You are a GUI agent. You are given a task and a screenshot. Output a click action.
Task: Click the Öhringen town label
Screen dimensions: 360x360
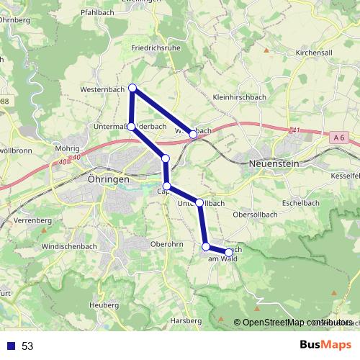point(107,178)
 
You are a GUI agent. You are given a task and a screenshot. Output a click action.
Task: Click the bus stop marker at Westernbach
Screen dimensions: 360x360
point(132,88)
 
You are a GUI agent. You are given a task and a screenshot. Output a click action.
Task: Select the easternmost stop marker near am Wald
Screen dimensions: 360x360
point(229,252)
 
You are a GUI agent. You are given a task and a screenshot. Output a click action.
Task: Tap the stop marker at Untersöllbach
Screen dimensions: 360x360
point(199,203)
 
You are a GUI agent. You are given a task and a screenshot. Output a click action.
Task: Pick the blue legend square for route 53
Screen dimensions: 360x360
point(12,346)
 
